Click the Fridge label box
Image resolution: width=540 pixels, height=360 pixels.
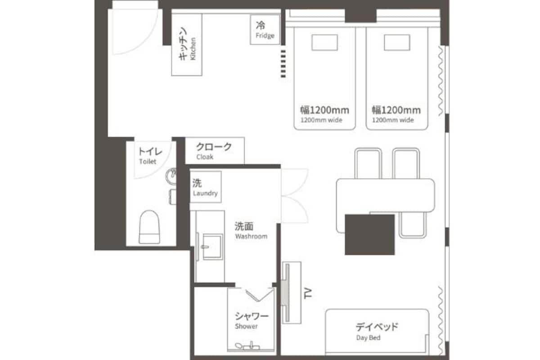pyautogui.click(x=265, y=30)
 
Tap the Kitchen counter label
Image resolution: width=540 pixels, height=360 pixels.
pyautogui.click(x=187, y=45)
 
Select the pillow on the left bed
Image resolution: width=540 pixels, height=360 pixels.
pyautogui.click(x=324, y=42)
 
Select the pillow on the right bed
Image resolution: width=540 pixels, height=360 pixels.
pyautogui.click(x=397, y=42)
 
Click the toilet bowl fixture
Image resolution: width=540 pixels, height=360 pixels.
pyautogui.click(x=149, y=227)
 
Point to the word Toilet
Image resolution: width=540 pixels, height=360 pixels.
pyautogui.click(x=148, y=161)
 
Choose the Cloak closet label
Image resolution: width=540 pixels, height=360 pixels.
pyautogui.click(x=214, y=151)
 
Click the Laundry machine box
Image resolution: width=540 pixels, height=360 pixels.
pyautogui.click(x=206, y=187)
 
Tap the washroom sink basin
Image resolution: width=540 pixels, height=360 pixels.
pyautogui.click(x=212, y=247)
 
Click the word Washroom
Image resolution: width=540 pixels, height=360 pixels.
pyautogui.click(x=251, y=236)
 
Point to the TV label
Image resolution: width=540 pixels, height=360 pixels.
pyautogui.click(x=308, y=293)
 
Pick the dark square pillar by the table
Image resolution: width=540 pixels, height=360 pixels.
pyautogui.click(x=370, y=234)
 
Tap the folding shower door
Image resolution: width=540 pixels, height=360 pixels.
pyautogui.click(x=259, y=295)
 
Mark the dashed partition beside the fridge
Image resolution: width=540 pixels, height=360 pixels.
pyautogui.click(x=283, y=64)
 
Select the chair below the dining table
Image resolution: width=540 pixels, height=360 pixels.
pyautogui.click(x=413, y=225)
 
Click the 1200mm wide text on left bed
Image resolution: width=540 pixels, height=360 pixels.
pyautogui.click(x=321, y=120)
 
